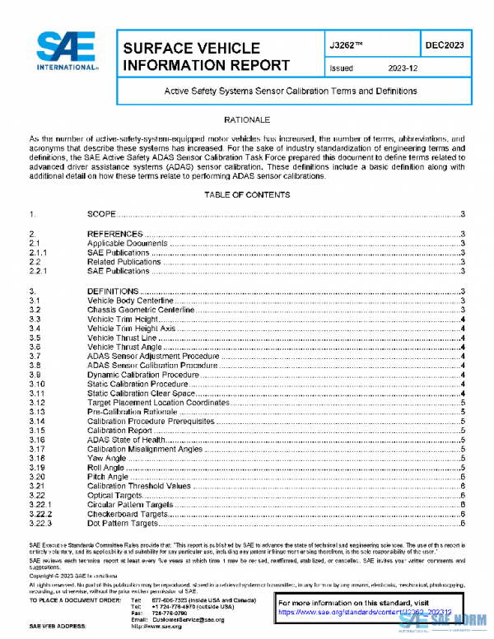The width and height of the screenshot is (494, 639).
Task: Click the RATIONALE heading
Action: [x=247, y=120]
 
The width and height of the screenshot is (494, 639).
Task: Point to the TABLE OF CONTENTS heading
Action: [x=247, y=195]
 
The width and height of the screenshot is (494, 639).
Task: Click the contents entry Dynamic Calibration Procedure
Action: [x=143, y=375]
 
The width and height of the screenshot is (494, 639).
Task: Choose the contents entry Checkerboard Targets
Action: [x=128, y=513]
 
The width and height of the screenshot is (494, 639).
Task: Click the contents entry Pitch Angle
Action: [x=108, y=476]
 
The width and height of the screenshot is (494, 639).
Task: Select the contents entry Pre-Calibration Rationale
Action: [x=138, y=412]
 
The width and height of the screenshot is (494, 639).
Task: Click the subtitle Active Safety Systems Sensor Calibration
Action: [x=291, y=91]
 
